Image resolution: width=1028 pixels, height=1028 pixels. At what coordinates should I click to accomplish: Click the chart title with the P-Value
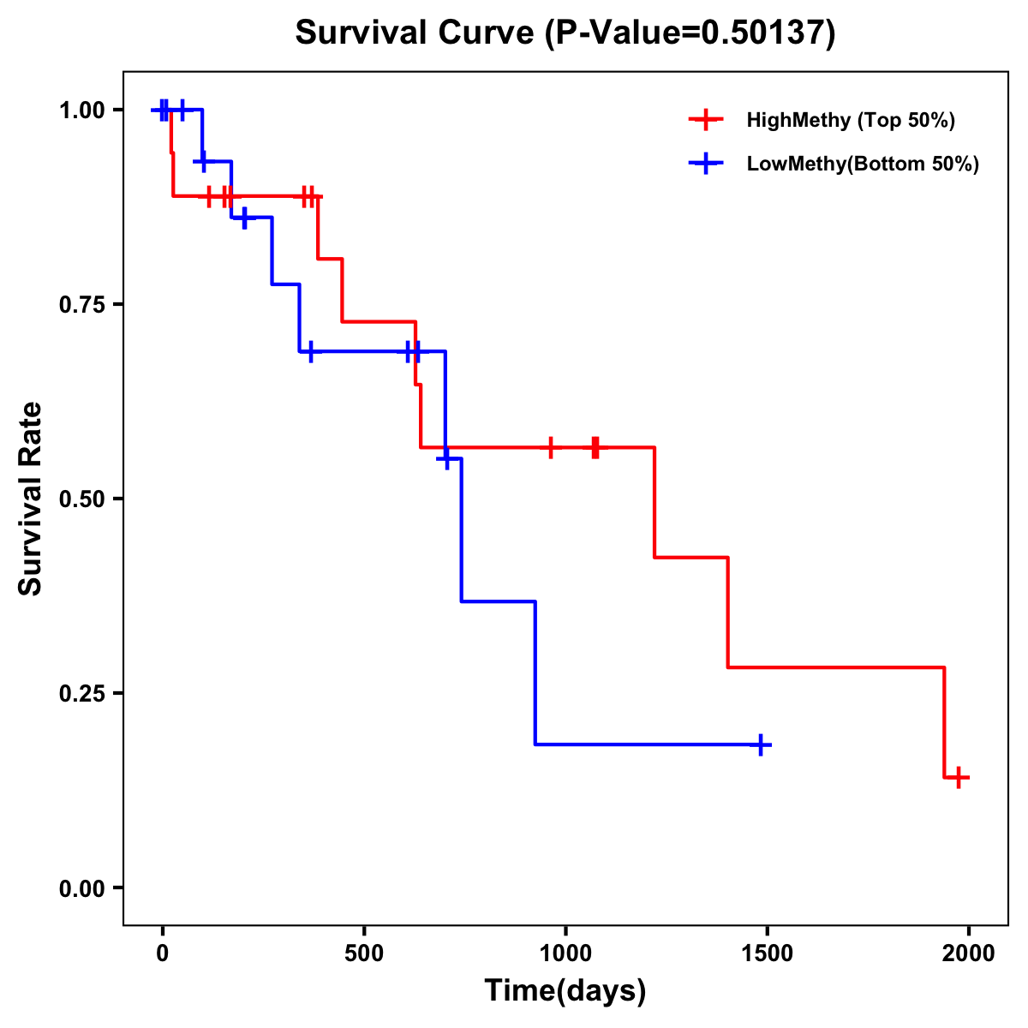coord(565,33)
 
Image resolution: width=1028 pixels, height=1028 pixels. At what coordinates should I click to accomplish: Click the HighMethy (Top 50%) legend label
coord(850,120)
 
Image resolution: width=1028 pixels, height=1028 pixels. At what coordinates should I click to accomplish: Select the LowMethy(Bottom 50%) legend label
coord(863,164)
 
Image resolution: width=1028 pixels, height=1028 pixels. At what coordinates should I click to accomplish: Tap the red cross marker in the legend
coord(705,120)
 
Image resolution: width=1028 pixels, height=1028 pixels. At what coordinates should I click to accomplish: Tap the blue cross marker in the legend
coord(705,164)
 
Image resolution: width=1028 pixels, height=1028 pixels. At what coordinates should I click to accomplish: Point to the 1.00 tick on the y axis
coord(81,110)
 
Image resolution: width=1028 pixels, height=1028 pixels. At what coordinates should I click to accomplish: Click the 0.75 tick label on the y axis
coord(81,304)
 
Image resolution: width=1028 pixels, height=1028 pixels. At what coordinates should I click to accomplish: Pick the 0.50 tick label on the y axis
coord(81,499)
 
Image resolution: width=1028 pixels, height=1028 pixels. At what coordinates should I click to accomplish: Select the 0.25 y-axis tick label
coord(81,693)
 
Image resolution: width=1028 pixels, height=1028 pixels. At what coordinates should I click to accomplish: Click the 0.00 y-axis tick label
coord(81,888)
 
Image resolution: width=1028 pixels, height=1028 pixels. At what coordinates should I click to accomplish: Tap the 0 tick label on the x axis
coord(162,953)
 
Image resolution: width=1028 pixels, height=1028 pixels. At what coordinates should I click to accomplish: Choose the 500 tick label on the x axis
coord(364,953)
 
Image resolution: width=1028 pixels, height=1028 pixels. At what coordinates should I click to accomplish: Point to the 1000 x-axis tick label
coord(565,953)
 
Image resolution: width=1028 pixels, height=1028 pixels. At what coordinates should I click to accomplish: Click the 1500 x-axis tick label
coord(767,953)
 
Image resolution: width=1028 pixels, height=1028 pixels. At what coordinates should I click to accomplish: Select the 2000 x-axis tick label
coord(969,953)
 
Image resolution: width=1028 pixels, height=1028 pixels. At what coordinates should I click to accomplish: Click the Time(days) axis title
coord(565,990)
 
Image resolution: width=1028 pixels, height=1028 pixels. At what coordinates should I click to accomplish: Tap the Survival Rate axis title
coord(31,499)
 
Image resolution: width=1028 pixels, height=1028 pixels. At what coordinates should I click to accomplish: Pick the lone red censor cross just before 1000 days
coord(550,447)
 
